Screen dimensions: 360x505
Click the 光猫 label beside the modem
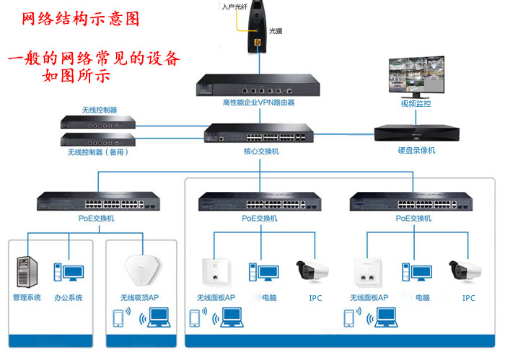276,32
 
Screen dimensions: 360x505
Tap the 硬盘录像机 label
416,151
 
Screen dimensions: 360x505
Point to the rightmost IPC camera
464,271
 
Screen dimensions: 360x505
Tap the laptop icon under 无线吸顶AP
158,319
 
